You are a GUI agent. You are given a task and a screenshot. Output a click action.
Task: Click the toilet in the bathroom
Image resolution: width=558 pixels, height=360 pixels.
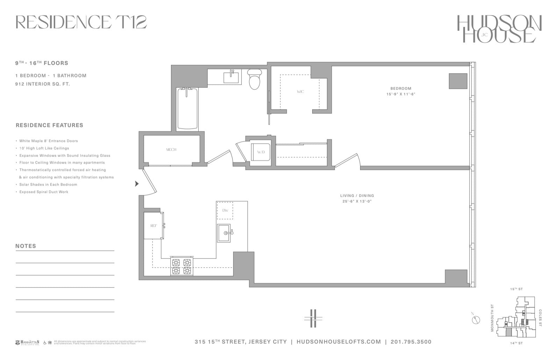coord(254,79)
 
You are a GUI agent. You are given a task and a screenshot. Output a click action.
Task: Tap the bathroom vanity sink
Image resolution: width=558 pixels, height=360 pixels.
coord(231,77)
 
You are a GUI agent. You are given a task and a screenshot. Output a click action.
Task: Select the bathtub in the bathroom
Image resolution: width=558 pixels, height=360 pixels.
coord(187,109)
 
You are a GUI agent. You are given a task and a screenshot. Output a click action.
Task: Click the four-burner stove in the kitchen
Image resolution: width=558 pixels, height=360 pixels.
coord(182,266)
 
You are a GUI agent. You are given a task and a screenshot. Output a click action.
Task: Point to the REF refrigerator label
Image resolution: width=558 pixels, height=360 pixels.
coord(153,226)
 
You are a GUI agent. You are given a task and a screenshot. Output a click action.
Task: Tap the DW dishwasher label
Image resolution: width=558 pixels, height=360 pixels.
coord(225,210)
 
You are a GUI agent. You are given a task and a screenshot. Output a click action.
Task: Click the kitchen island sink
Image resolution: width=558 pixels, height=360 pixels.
coord(225,233)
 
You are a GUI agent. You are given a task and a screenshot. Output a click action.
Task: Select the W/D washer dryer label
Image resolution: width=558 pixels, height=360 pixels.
coord(261,152)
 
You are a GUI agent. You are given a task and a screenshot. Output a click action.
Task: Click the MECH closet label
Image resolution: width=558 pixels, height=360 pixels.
coord(171,150)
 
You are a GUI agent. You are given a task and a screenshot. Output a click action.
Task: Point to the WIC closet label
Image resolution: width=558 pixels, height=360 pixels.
coord(300,92)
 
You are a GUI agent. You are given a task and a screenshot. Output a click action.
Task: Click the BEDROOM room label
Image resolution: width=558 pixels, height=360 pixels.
coord(401,88)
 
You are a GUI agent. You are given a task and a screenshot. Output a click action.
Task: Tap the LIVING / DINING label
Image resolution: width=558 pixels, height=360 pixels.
coord(357,196)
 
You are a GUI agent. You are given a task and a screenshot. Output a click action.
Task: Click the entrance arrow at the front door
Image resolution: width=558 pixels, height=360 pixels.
coord(137,183)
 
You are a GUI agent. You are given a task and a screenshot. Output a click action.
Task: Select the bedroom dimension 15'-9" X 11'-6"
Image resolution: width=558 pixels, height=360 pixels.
coord(401,94)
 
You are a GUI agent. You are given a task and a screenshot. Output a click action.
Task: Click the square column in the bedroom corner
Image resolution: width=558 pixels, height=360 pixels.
coord(458,81)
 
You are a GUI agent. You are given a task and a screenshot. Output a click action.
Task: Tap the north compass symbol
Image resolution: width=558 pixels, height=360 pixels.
coord(475,319)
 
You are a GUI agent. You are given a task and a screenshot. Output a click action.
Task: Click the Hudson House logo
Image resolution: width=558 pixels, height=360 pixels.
coord(499,29)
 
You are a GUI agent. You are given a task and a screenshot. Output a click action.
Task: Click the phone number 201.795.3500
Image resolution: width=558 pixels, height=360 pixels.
coord(411,342)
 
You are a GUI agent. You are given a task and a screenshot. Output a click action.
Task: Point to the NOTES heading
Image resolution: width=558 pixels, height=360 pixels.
coord(26,246)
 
